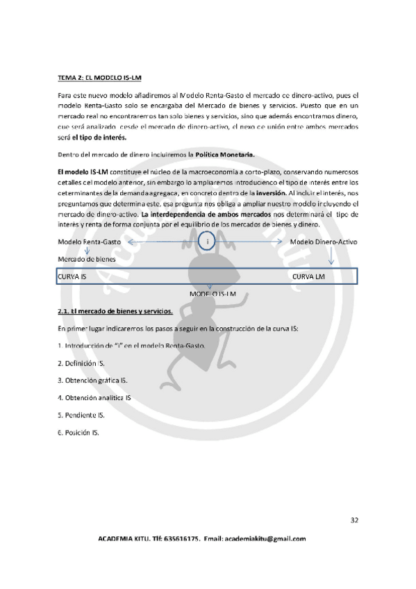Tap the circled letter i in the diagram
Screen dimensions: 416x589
coord(208,242)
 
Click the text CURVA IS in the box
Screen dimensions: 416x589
coord(72,276)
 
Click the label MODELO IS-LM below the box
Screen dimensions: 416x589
coord(212,294)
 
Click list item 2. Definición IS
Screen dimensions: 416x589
coord(81,363)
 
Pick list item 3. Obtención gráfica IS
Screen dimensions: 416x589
coord(92,381)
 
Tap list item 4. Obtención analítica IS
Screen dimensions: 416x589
coord(94,398)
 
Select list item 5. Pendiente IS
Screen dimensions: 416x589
coord(81,415)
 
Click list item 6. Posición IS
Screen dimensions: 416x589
coord(78,432)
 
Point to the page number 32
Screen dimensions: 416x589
coord(354,520)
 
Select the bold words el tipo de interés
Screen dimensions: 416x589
coord(99,137)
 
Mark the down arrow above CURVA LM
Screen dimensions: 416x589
coord(351,258)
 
